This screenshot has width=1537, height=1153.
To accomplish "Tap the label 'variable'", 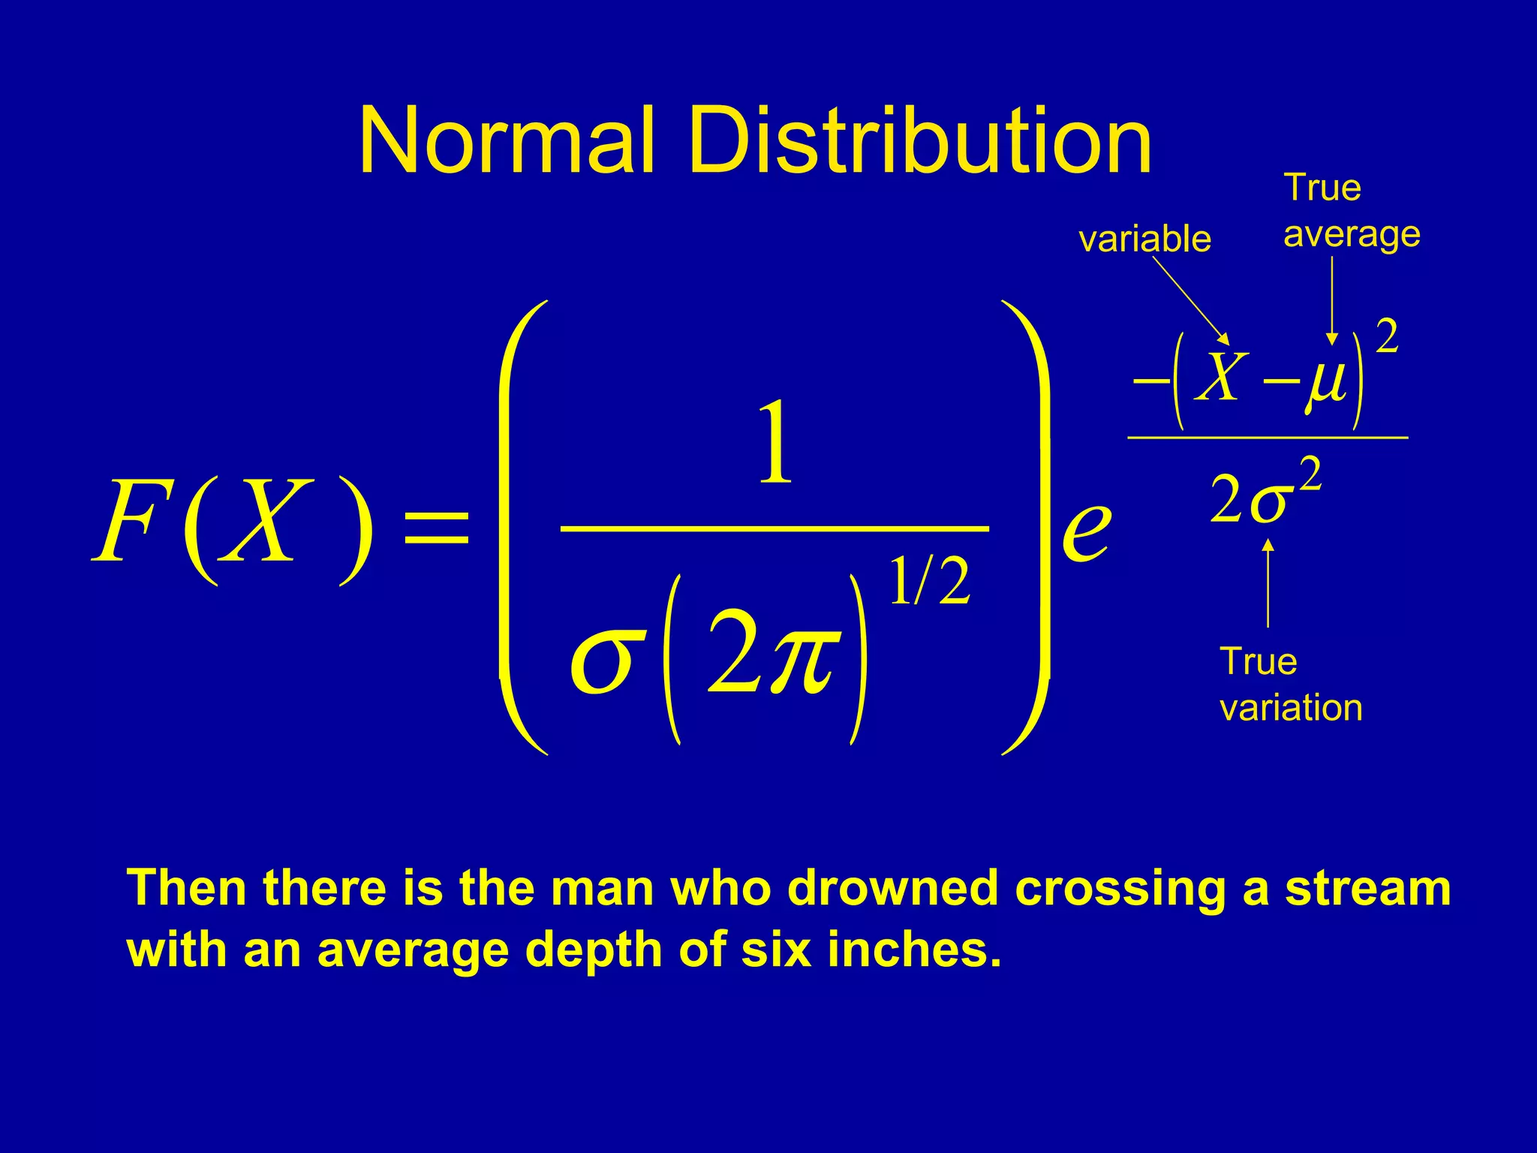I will pyautogui.click(x=1144, y=239).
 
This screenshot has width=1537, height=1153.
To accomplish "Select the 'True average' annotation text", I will pyautogui.click(x=1351, y=211).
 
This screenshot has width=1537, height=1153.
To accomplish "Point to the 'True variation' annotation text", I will pyautogui.click(x=1290, y=685).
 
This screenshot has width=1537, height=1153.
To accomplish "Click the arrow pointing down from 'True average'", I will pyautogui.click(x=1331, y=300).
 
